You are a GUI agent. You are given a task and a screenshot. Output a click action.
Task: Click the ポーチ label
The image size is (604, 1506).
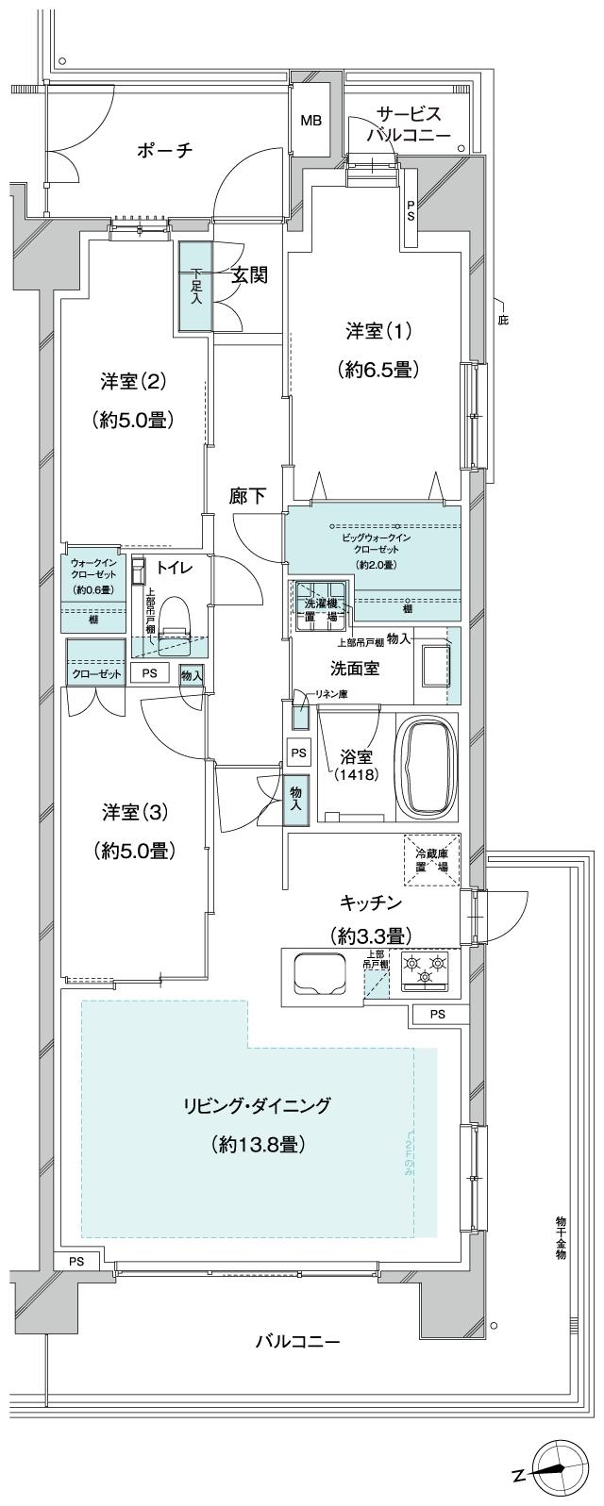coord(164,150)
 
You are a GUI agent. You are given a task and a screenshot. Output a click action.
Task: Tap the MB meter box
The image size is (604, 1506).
coord(310,121)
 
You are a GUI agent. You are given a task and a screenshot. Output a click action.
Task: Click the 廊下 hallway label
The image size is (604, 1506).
coord(247,496)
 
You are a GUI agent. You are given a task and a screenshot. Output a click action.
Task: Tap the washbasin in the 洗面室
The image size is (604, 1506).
coord(431,667)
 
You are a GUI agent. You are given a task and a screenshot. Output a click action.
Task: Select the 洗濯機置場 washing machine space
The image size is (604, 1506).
coord(317,604)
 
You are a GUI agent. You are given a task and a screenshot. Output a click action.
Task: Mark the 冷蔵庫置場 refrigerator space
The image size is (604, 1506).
coord(432,861)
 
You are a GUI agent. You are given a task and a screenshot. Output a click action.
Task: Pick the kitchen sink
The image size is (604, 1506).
coord(320,973)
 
